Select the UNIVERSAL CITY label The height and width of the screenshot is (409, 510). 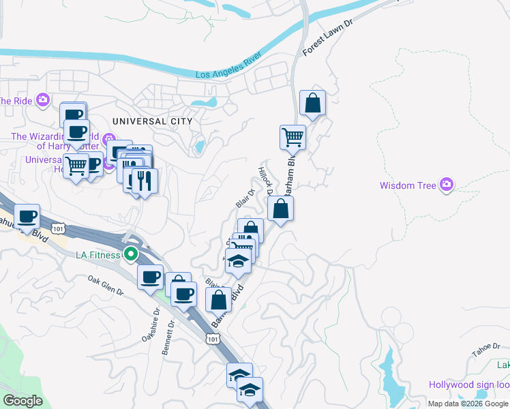coord(152,121)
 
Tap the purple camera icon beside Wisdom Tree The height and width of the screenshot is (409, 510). coord(447,184)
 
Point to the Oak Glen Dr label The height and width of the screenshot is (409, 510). coord(105,285)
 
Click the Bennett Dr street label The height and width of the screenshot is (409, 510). coord(169,338)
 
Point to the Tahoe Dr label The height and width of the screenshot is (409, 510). coord(485,353)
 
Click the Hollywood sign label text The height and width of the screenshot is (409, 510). coord(468,385)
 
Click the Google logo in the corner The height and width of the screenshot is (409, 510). coord(22,401)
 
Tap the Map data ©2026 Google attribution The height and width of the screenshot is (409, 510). coord(468,404)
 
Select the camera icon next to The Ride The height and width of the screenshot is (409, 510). coord(43,100)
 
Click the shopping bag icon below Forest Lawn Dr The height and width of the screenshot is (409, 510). coord(312,104)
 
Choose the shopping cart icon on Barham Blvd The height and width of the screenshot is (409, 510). coord(292,136)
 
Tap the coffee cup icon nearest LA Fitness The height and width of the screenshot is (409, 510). coord(150,277)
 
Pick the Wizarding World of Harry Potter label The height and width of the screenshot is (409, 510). coord(55,141)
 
